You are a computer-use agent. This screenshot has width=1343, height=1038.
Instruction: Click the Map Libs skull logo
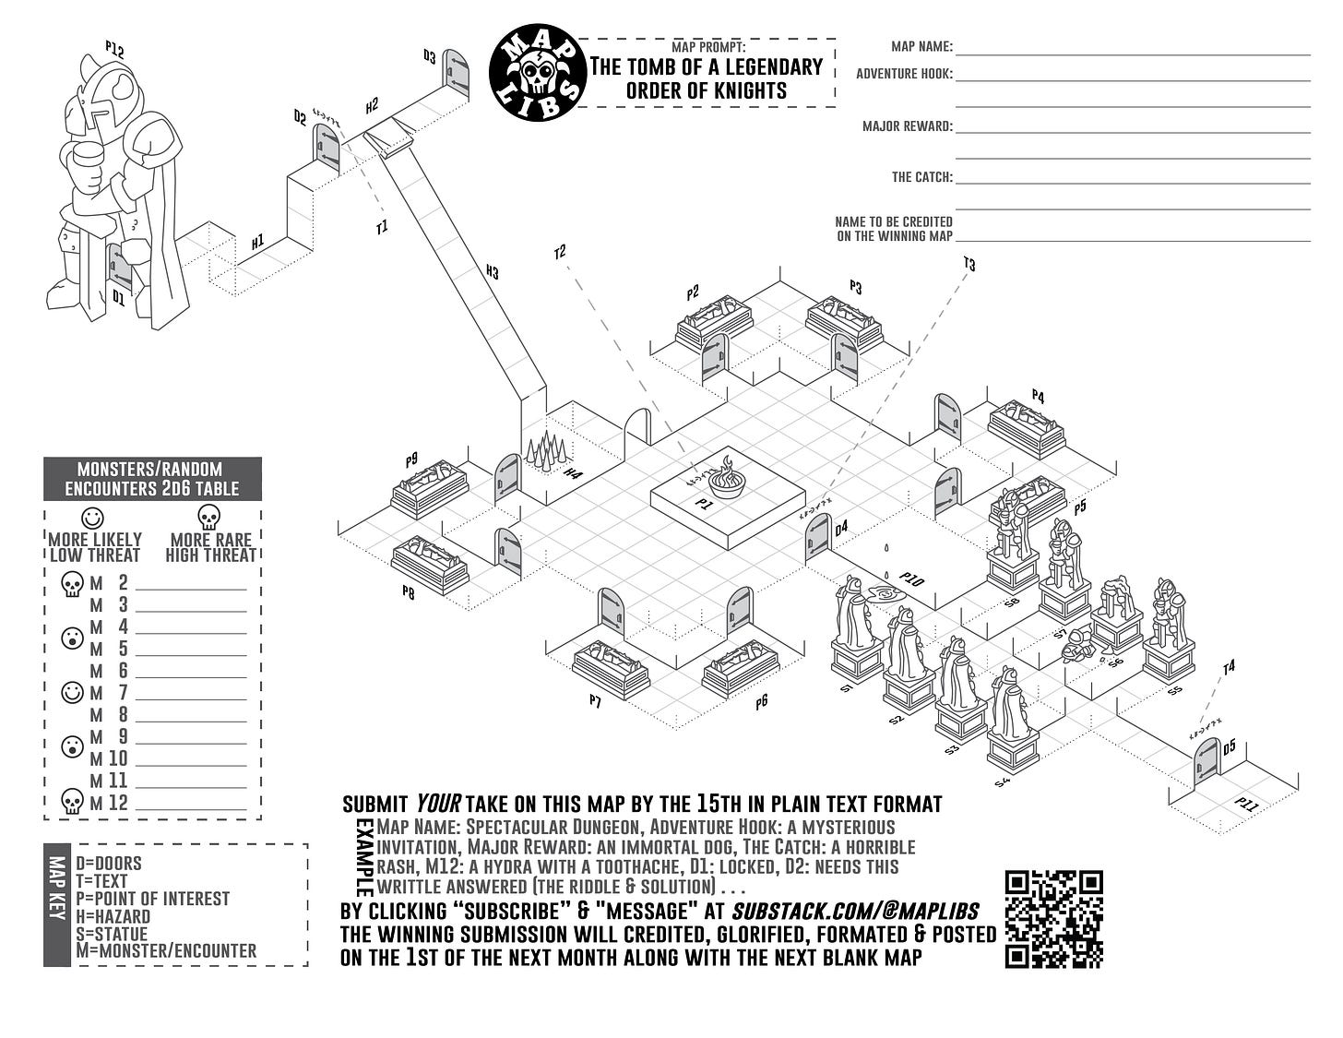click(x=538, y=72)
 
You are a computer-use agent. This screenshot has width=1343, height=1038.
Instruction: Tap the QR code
click(x=1053, y=919)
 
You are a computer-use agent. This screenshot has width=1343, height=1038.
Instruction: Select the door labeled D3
click(x=455, y=73)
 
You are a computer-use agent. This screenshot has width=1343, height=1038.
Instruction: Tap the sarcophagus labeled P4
click(x=1027, y=426)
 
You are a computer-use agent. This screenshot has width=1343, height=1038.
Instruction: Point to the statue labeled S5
click(x=1168, y=632)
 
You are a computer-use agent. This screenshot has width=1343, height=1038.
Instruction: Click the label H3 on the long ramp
click(x=492, y=271)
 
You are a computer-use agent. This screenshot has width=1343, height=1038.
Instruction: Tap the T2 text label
click(x=559, y=252)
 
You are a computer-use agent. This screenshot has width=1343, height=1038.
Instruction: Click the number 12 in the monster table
click(x=118, y=803)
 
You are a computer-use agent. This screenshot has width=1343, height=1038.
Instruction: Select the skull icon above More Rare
click(x=209, y=517)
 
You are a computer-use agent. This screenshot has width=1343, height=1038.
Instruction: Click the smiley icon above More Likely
click(x=93, y=518)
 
